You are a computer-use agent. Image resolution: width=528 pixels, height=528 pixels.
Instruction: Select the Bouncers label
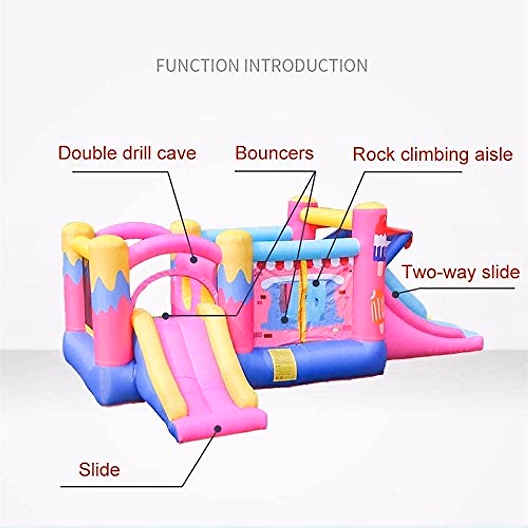point(274,153)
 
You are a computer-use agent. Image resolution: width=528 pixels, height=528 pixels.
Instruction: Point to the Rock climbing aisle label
point(433,154)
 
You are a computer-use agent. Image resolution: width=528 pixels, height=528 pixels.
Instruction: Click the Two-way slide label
point(460,272)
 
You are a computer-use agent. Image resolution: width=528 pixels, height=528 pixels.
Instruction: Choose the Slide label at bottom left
point(99,469)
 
